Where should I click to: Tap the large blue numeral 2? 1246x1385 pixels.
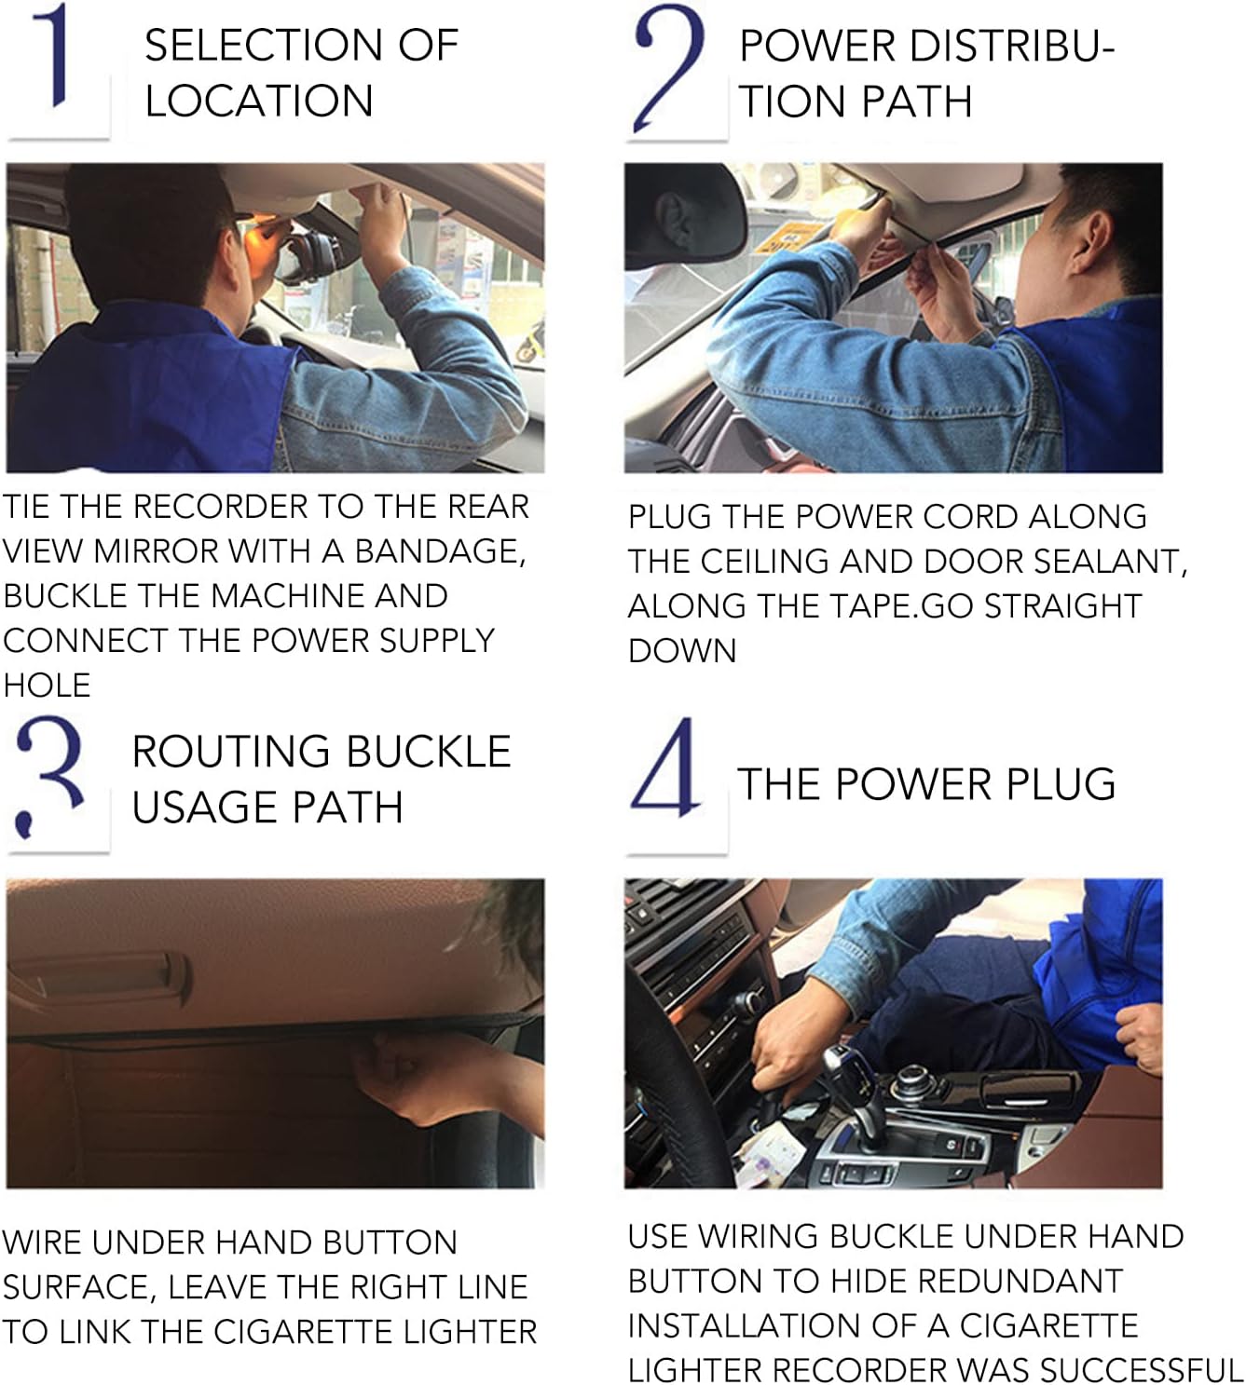(667, 65)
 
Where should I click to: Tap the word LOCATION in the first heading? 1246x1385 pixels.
(259, 101)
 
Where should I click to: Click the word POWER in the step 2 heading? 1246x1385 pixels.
(817, 47)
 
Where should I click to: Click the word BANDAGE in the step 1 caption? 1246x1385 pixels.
(440, 551)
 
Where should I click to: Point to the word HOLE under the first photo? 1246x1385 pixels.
(47, 685)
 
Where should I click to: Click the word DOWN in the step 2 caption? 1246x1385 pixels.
(682, 650)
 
